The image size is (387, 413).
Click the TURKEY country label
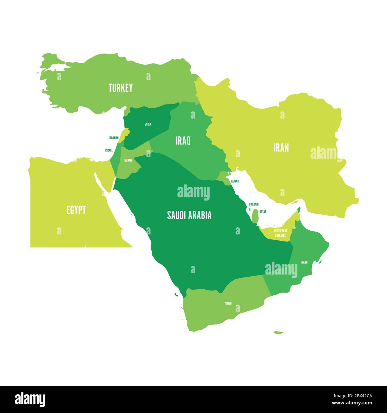[121, 88]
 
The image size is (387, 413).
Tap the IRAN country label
[281, 148]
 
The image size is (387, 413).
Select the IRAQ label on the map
[183, 141]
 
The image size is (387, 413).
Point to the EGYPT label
[76, 210]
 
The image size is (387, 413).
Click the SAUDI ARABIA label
[189, 215]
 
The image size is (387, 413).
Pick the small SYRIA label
[148, 124]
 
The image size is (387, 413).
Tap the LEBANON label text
[113, 138]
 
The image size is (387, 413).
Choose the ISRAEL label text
[109, 150]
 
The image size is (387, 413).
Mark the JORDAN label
[127, 160]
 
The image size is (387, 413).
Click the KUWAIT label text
[235, 181]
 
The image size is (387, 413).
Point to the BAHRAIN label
[254, 204]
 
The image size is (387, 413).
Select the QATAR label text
[263, 212]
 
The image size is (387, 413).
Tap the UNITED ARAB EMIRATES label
[280, 233]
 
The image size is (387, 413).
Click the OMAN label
[304, 262]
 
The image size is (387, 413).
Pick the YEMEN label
[228, 303]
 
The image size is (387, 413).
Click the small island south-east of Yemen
[278, 332]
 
